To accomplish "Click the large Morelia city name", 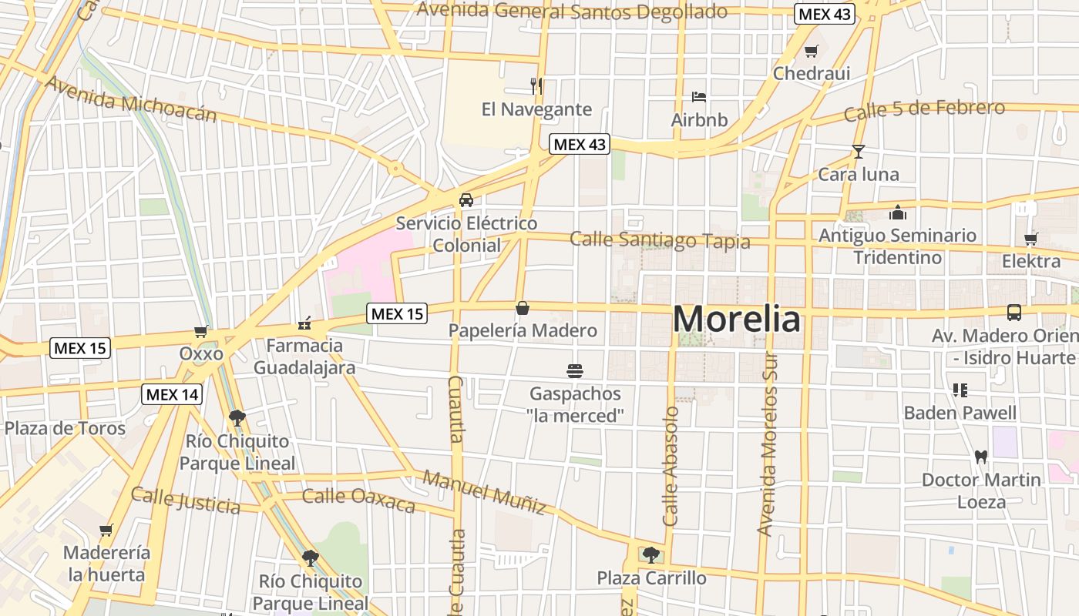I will click(x=737, y=319).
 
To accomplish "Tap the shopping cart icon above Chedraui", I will click(x=811, y=52).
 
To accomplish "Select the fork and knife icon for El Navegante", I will click(x=536, y=85).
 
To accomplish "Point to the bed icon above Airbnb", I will click(x=699, y=97).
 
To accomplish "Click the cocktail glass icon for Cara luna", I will click(x=859, y=151).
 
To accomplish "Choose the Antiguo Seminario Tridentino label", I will click(x=897, y=246).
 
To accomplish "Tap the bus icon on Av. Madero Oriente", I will click(x=1014, y=313).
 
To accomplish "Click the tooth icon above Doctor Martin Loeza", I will click(x=981, y=456).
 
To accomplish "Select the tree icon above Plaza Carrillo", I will click(x=651, y=554).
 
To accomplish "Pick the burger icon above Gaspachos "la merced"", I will click(x=574, y=371).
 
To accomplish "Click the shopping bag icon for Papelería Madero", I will click(x=523, y=309).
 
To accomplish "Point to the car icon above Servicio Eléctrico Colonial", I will click(x=466, y=200).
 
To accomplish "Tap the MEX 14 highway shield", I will click(x=173, y=395).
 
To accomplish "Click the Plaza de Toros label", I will click(x=65, y=428).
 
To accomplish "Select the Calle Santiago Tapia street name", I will click(x=660, y=240).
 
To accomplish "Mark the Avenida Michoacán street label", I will click(x=131, y=99).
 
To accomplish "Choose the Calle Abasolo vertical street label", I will click(x=670, y=466).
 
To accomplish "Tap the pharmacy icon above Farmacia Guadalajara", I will click(x=305, y=324).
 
